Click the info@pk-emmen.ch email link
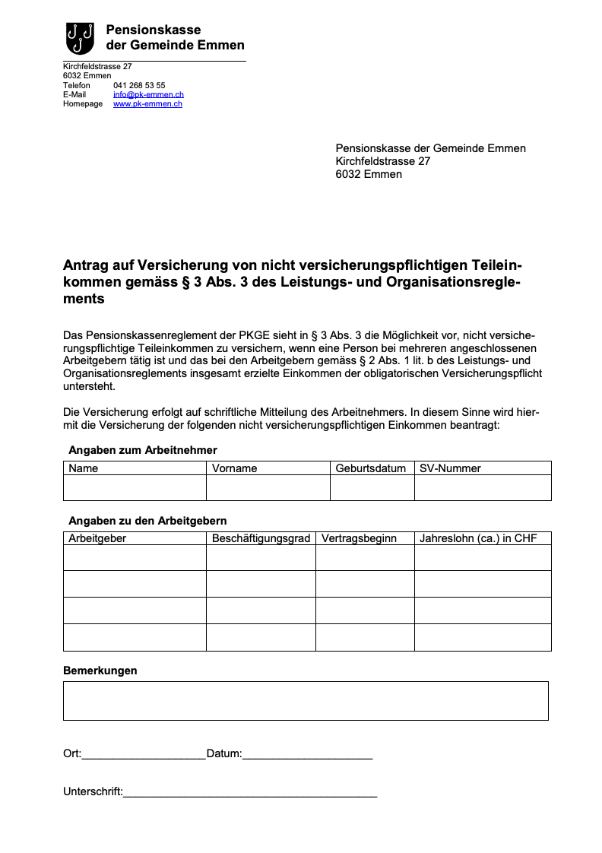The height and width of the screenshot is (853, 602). (x=148, y=95)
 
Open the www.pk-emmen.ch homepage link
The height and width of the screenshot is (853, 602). (x=147, y=104)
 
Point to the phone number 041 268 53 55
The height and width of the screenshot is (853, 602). (x=139, y=86)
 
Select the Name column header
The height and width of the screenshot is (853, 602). (x=84, y=468)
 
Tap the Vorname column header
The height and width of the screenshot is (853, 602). (x=234, y=468)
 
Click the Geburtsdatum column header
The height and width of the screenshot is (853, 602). (x=371, y=468)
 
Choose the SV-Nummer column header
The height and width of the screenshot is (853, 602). (x=450, y=468)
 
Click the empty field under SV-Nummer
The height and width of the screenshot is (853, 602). (x=483, y=488)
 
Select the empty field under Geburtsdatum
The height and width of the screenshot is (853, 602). (x=372, y=488)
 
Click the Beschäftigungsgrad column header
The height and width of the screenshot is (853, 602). (x=261, y=538)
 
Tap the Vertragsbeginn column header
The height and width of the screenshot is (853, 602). (x=359, y=538)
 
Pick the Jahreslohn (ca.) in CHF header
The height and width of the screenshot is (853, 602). (x=478, y=538)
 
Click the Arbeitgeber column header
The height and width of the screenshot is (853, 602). (x=97, y=538)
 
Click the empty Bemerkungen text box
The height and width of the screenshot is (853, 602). (x=306, y=700)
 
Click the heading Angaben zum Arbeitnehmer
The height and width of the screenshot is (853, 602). (x=143, y=450)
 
